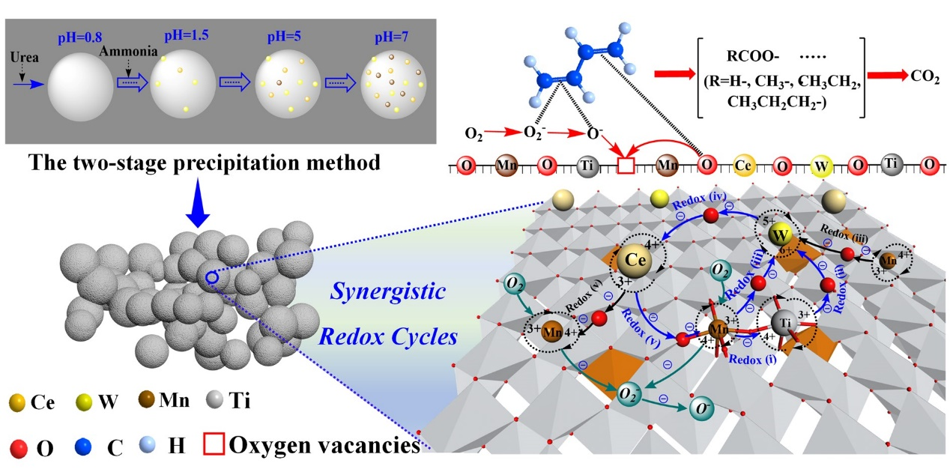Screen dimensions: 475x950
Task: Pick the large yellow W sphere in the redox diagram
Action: [781, 237]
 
